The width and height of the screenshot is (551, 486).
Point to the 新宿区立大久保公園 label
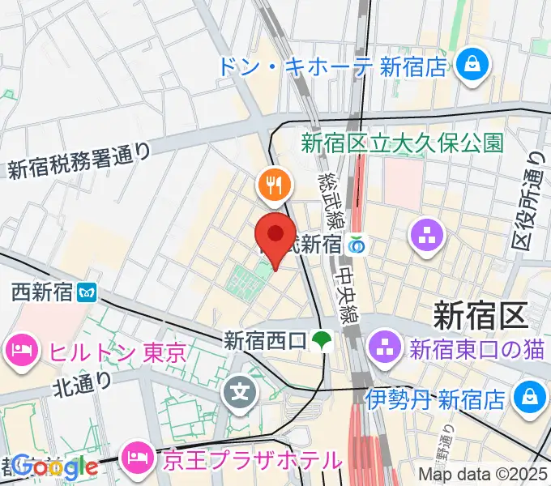[402, 143]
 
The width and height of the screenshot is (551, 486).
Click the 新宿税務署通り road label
[79, 160]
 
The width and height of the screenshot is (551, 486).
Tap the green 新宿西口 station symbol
[323, 339]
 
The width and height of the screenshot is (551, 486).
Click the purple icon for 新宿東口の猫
[380, 350]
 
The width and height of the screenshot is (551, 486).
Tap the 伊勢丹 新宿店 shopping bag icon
[528, 396]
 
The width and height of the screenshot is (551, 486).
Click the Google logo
[55, 467]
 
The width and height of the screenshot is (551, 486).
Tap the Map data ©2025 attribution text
[483, 475]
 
